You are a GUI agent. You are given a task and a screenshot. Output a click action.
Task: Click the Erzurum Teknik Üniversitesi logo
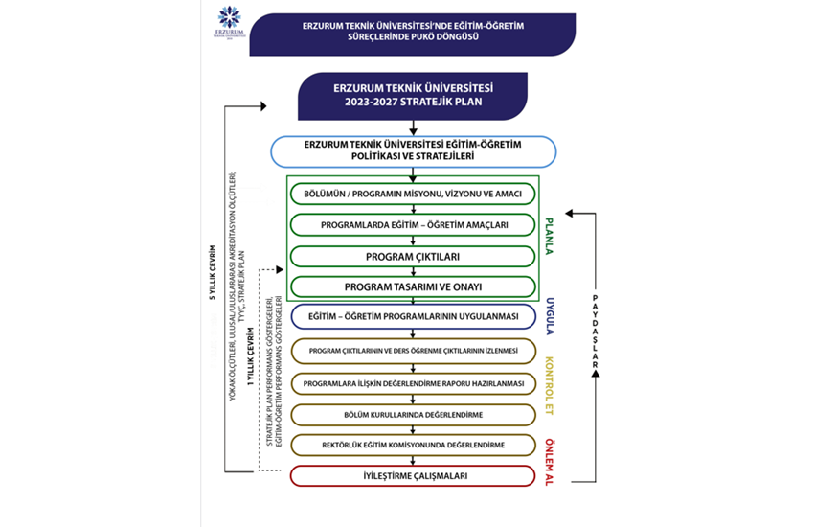[230, 23]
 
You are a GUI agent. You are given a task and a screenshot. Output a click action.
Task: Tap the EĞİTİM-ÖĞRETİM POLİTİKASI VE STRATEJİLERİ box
[414, 150]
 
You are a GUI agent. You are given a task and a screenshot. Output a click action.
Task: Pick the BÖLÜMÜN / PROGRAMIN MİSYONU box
[414, 194]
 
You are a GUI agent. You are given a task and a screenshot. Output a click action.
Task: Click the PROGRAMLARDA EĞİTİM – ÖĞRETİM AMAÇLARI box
[414, 225]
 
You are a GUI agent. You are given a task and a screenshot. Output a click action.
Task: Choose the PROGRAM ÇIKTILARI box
[414, 256]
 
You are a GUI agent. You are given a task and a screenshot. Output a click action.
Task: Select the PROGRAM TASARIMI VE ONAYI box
[414, 286]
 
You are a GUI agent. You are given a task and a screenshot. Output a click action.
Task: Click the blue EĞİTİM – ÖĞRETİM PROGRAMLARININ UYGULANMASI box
[414, 317]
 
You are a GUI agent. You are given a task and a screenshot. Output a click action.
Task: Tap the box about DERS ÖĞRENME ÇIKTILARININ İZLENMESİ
[414, 351]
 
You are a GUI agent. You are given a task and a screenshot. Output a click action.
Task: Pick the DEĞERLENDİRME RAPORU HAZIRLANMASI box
[414, 382]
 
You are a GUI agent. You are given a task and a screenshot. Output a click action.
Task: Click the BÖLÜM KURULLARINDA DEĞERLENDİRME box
[414, 414]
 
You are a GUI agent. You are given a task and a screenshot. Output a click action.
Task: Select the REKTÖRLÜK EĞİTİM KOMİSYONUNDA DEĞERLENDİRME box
[414, 445]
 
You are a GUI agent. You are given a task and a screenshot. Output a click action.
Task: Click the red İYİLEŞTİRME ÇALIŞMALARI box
[414, 475]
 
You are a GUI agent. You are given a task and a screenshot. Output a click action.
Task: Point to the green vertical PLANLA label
[550, 236]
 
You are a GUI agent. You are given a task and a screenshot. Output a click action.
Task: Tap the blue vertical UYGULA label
[550, 316]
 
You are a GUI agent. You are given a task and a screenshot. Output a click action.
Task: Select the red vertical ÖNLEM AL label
[550, 461]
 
